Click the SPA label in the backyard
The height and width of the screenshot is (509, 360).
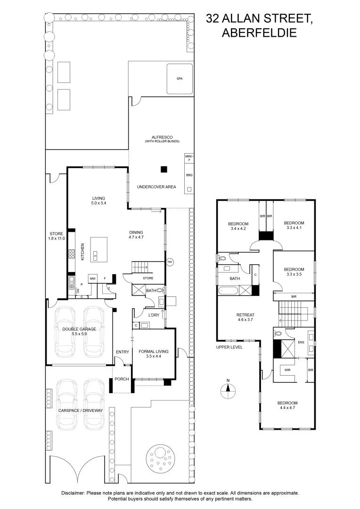[x=179, y=79]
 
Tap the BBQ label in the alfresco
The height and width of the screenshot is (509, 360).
[x=189, y=175]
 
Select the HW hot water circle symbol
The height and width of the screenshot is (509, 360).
[x=170, y=262]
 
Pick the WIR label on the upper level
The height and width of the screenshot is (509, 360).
[x=287, y=371]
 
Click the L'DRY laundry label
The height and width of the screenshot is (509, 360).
[x=154, y=315]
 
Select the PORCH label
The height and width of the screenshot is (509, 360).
[x=122, y=378]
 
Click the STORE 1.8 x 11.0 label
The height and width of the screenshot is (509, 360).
[x=57, y=236]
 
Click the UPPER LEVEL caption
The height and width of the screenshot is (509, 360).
[x=229, y=347]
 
